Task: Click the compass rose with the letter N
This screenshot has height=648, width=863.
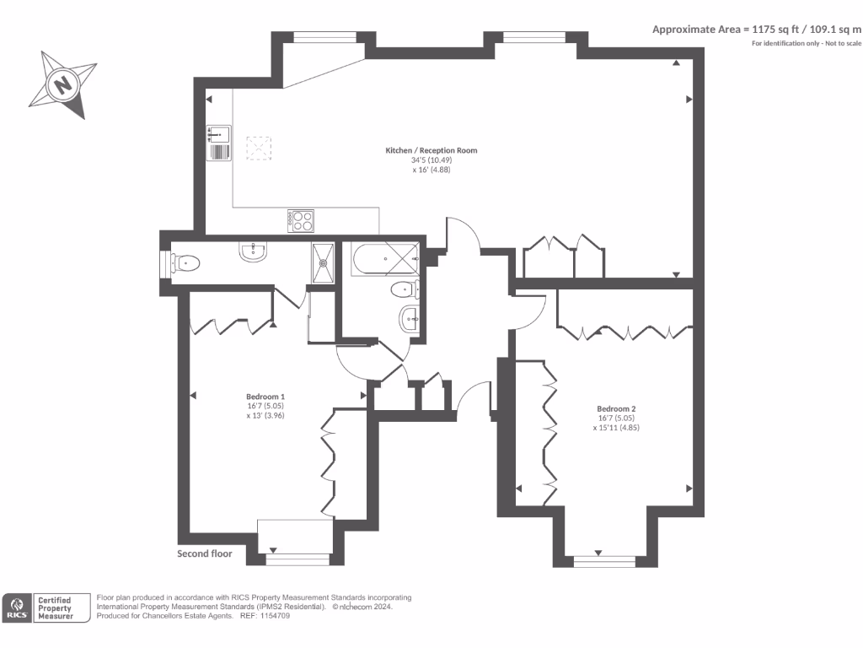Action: pos(62,84)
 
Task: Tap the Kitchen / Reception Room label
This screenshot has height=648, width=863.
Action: pos(431,150)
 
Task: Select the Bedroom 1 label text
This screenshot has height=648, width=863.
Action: pos(265,397)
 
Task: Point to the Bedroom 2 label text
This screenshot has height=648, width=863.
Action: pos(611,408)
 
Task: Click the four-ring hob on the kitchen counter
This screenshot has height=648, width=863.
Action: pos(301,220)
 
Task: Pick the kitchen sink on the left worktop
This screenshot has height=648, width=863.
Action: pos(219,134)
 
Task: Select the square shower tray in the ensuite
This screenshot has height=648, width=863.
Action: pos(322,259)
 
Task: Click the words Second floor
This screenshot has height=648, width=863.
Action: pos(205,554)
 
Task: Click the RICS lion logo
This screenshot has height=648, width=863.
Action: pos(16,607)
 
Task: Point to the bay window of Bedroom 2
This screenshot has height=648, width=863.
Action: pos(603,560)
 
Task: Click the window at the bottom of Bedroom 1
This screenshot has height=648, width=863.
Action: pos(297,558)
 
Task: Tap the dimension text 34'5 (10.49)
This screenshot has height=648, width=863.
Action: pos(431,160)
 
